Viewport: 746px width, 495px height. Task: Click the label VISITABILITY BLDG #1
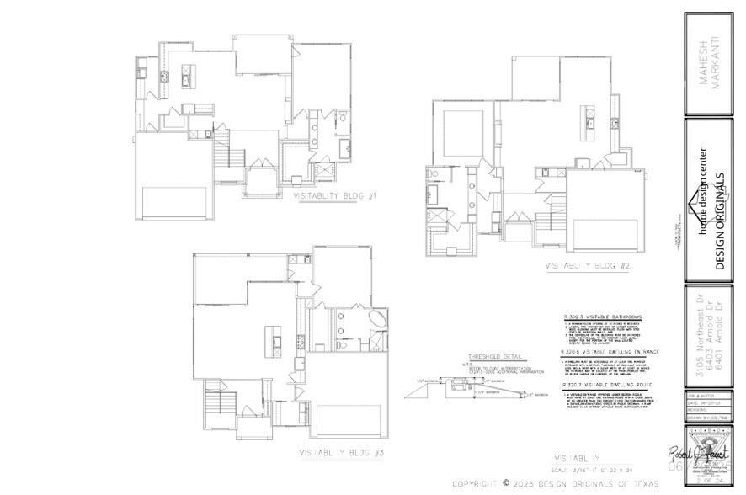click(x=335, y=197)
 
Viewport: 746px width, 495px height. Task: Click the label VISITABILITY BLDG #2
click(x=589, y=266)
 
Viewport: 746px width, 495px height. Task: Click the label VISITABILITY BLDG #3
click(x=343, y=453)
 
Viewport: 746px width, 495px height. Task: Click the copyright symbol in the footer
click(x=506, y=483)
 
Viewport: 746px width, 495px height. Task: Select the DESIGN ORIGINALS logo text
click(x=720, y=221)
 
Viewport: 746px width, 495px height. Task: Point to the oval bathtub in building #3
click(x=378, y=322)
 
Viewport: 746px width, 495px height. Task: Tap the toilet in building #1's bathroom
click(x=343, y=117)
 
